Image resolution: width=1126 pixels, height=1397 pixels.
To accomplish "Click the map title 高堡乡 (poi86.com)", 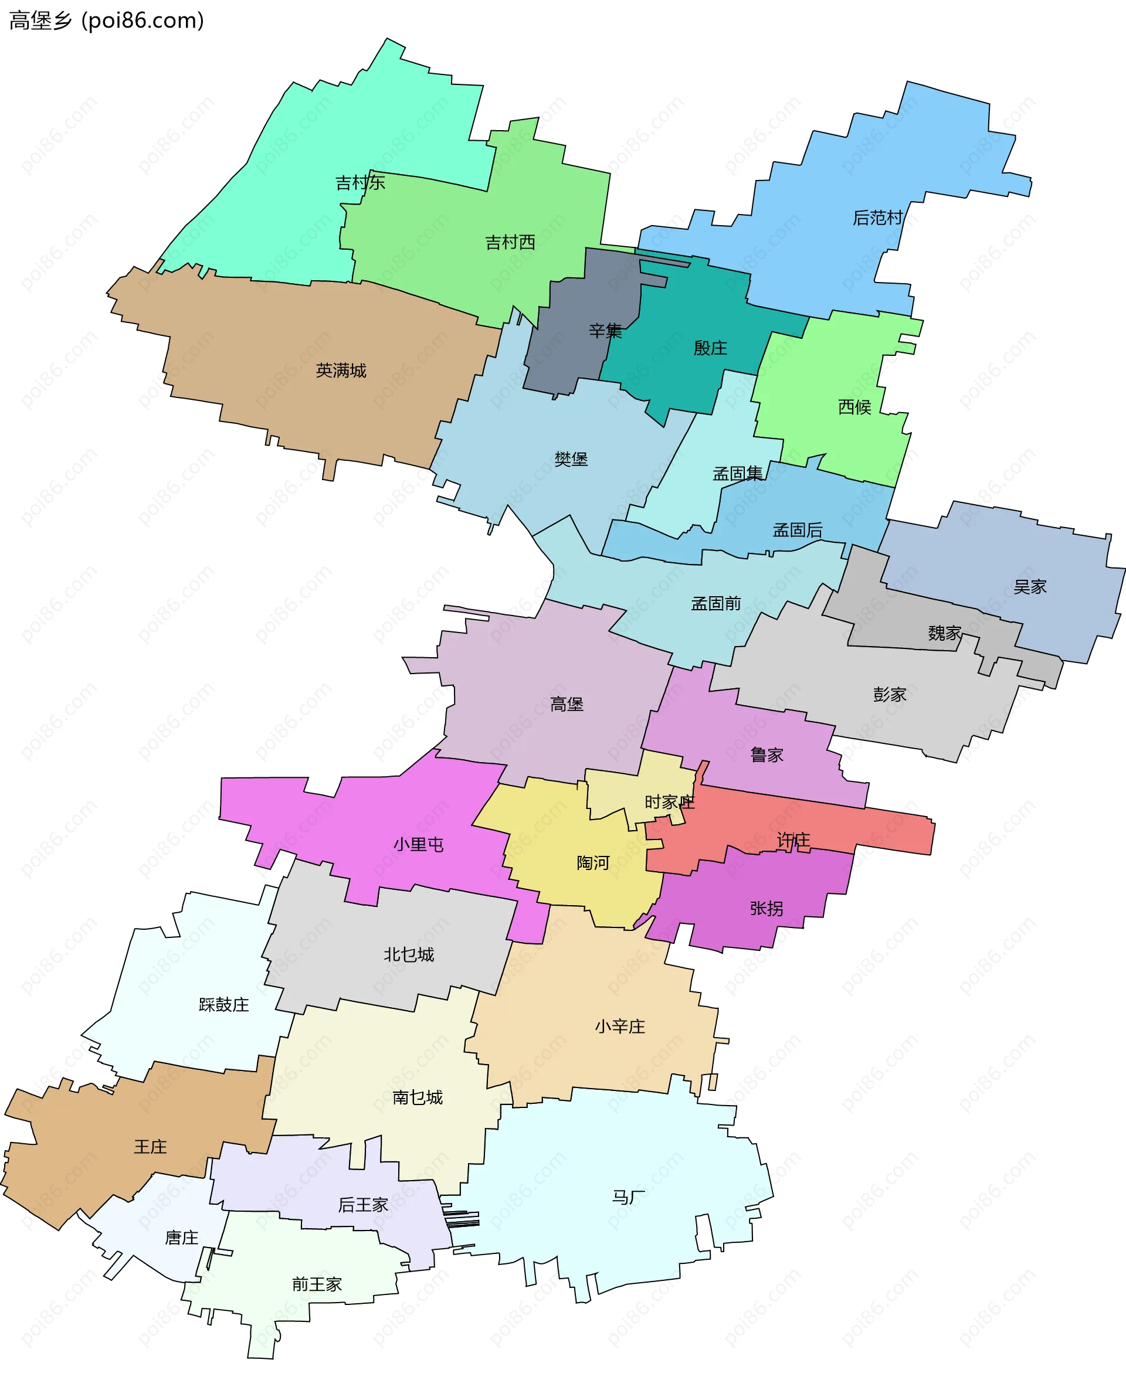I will coord(106,21).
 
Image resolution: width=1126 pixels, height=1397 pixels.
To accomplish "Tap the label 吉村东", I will coord(360,183).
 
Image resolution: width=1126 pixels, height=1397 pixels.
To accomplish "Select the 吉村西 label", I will coord(510,243).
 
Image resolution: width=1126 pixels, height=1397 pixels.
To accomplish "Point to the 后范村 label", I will coord(877,218).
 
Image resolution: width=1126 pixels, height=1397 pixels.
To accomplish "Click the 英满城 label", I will coord(341,371).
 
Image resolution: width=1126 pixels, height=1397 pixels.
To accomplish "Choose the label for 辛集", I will coord(605,331).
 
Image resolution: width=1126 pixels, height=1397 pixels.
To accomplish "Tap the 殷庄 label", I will coord(710,348).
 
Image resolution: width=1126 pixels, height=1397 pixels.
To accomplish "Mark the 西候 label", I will coord(854,407).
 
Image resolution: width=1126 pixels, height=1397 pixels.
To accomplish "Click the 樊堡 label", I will coord(571,460).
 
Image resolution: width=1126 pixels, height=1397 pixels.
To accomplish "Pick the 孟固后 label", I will coord(797,531).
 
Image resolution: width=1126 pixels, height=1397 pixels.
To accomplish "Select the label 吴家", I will coord(1030,587).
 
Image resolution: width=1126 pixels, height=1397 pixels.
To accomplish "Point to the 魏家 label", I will coord(944,633).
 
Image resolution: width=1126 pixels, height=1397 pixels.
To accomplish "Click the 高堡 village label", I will coord(567,705).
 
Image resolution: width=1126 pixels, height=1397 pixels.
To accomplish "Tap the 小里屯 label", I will coord(418,845).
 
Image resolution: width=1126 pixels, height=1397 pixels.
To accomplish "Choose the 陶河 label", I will coord(593,863).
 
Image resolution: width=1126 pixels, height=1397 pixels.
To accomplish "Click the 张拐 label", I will coord(767,909).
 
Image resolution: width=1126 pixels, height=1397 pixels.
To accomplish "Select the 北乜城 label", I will coord(409,955).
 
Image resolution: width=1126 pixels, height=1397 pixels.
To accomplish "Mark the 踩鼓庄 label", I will coord(224,1005).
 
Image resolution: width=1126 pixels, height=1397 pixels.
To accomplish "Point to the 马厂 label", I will coord(629,1197).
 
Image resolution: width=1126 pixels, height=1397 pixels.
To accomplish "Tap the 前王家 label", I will coord(317,1284).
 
